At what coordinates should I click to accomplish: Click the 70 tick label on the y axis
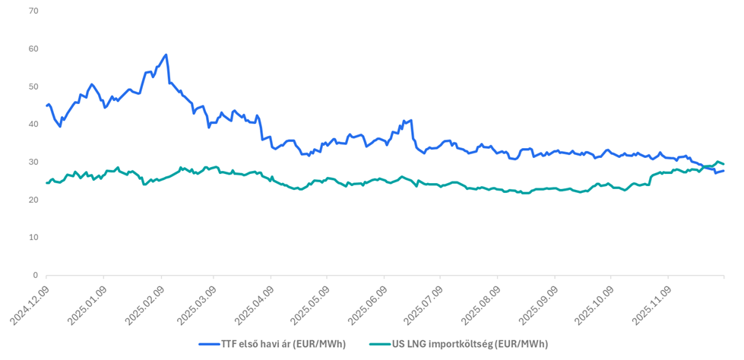33,11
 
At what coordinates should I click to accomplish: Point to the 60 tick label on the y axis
33,49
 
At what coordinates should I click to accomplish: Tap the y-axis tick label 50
33,87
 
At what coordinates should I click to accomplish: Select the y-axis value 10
33,238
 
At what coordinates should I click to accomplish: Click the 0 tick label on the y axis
35,275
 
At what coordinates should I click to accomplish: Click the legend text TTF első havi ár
283,344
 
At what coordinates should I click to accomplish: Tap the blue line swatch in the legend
208,344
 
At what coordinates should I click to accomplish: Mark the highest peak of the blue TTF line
166,55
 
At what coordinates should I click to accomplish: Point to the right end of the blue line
723,171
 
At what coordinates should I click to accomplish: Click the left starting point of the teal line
46,182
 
